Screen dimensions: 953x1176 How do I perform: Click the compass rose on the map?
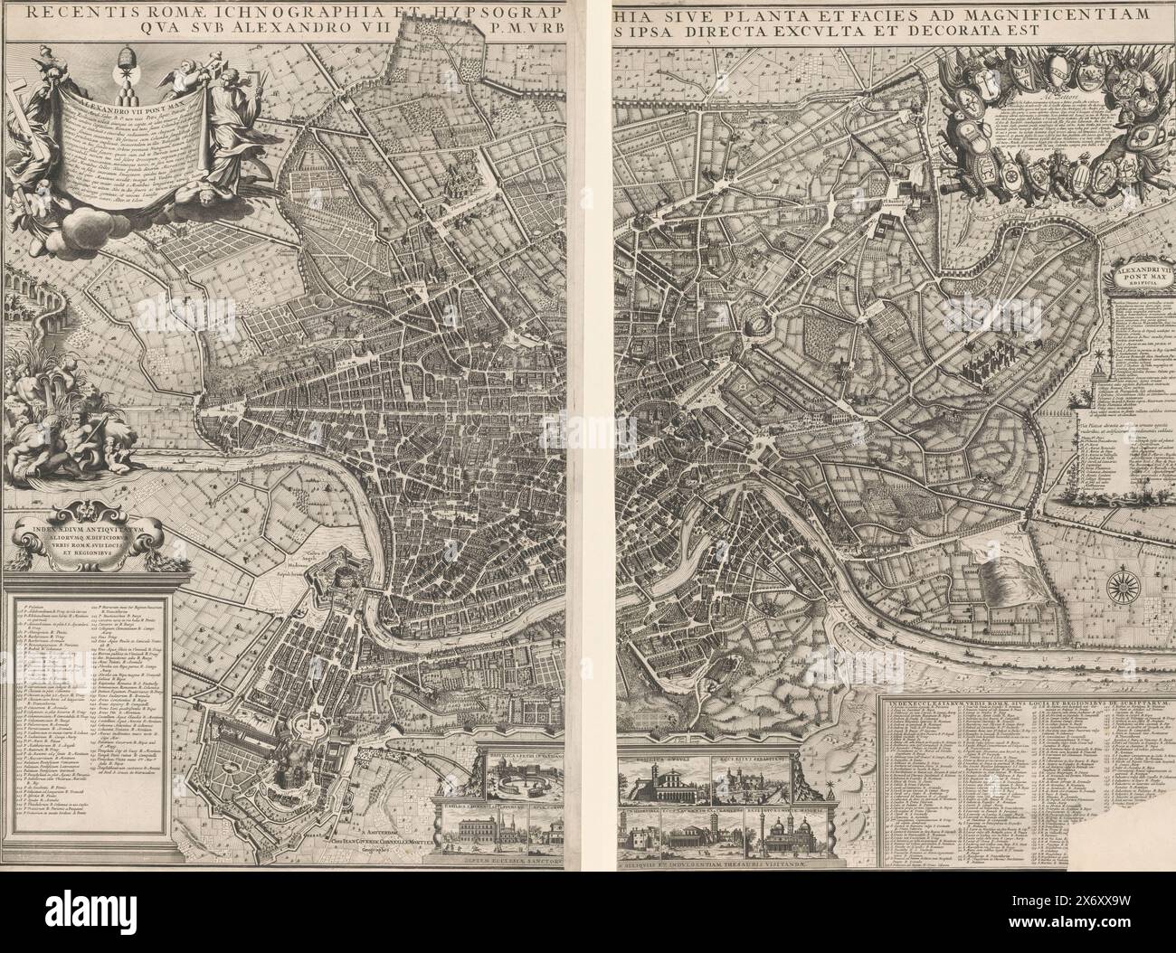pyautogui.click(x=1125, y=582)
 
